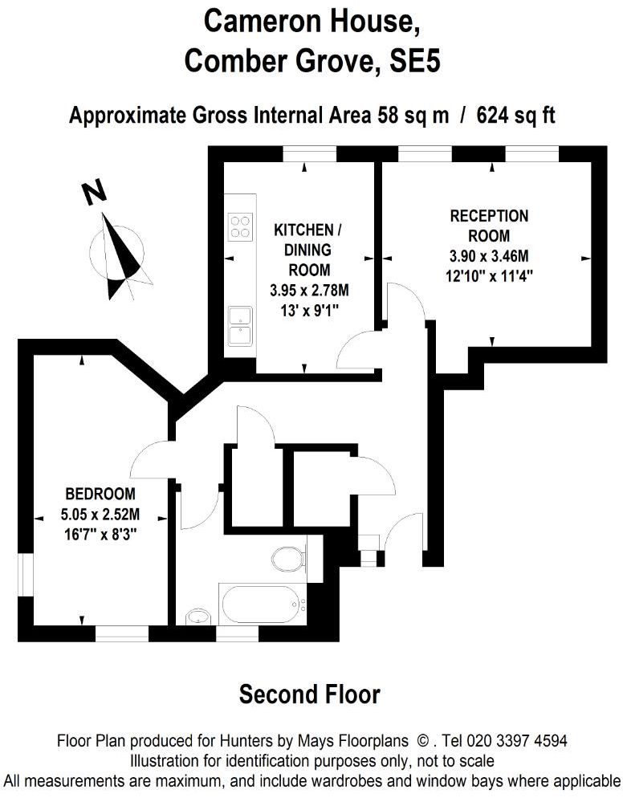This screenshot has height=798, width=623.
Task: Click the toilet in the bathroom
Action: [289, 559]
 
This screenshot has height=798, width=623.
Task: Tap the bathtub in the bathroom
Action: [263, 604]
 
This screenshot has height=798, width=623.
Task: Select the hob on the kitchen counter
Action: [240, 227]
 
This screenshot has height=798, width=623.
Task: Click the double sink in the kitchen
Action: [240, 326]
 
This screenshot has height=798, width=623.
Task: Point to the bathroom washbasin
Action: [197, 617]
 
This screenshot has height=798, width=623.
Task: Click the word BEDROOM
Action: [100, 494]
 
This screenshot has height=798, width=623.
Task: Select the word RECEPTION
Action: [489, 216]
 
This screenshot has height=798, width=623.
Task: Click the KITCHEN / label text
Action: [307, 230]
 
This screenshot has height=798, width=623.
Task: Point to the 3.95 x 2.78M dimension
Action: [309, 291]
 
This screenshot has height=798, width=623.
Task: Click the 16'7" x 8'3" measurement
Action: [100, 535]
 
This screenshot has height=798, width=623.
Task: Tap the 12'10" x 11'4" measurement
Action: [489, 276]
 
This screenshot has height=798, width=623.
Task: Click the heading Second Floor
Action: [310, 694]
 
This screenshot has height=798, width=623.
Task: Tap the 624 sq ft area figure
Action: [515, 116]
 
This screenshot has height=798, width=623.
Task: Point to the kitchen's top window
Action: [309, 153]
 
